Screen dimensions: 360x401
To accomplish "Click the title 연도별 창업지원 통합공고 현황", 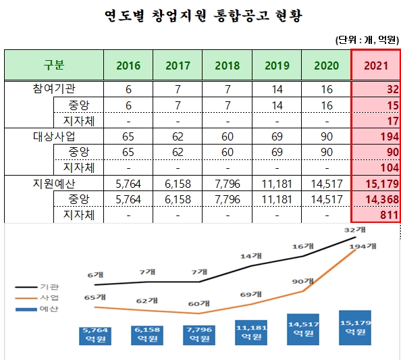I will click(200, 16).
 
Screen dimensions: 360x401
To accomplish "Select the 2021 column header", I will click(376, 65).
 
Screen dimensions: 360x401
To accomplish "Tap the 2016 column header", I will click(128, 65).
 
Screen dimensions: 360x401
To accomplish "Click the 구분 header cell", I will click(54, 65).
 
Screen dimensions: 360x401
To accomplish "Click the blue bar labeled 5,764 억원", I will click(97, 335).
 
